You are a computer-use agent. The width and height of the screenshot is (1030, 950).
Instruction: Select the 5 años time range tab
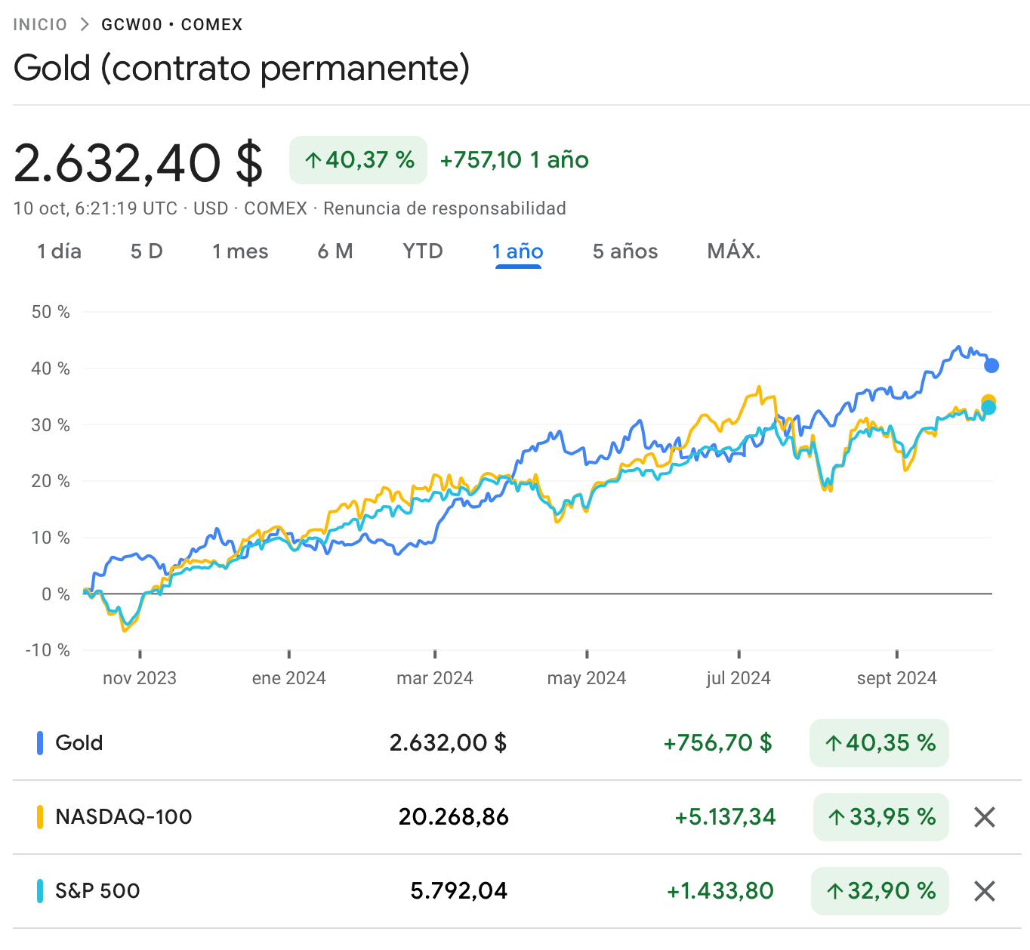click(624, 251)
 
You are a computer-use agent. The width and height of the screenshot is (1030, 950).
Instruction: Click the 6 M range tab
click(335, 251)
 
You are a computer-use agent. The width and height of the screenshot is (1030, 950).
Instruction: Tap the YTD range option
click(422, 251)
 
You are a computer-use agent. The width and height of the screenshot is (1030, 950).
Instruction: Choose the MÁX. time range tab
click(733, 251)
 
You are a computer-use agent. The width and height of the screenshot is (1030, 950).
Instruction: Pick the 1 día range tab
click(60, 251)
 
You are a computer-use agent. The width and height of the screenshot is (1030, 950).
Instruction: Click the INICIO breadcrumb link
click(40, 25)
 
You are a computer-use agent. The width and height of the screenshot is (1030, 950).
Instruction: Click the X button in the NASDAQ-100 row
click(984, 816)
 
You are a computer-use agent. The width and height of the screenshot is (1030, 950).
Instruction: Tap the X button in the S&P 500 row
click(984, 890)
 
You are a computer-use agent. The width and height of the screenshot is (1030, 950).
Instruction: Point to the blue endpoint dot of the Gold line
click(991, 366)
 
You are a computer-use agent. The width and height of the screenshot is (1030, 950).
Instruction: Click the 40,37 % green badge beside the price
click(358, 160)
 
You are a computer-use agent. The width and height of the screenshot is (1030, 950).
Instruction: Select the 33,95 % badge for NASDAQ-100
click(880, 816)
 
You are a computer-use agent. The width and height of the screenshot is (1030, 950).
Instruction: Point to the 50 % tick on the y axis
click(51, 312)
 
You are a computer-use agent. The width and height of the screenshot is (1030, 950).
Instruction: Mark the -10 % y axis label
click(48, 650)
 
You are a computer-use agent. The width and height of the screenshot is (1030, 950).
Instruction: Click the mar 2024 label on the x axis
click(434, 678)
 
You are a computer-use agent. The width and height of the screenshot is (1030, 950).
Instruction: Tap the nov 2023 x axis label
click(140, 678)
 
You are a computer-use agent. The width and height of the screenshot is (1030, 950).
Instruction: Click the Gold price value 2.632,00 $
click(448, 743)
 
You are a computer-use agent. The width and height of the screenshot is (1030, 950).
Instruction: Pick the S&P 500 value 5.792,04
click(458, 891)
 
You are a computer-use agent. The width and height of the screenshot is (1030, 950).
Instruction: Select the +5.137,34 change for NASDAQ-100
click(725, 816)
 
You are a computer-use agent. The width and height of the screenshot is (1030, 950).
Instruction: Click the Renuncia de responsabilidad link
click(445, 208)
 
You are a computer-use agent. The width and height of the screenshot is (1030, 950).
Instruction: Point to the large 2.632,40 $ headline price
click(138, 162)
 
